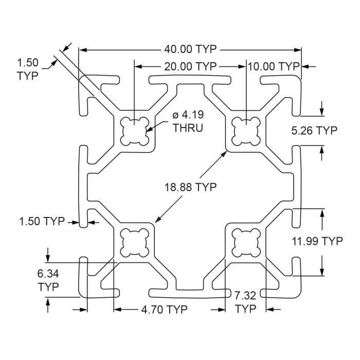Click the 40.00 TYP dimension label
[x=190, y=49]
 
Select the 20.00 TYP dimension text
[x=190, y=66]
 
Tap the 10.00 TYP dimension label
[x=273, y=66]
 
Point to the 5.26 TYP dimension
[x=314, y=131]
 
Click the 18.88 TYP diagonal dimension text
[x=191, y=187]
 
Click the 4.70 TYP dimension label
[x=164, y=310]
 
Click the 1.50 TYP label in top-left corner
[x=28, y=69]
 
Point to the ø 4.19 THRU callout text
[x=186, y=121]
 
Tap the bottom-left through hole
[x=134, y=241]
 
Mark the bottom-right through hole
[x=246, y=241]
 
